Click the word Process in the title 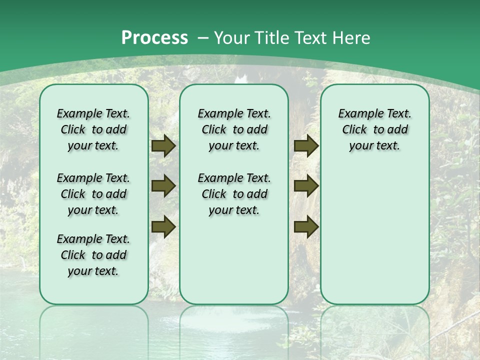154,38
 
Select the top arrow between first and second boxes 163,146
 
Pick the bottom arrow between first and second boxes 163,226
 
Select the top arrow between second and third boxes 306,146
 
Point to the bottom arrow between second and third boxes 306,226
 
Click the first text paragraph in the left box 93,130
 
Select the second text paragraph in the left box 93,194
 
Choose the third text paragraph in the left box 93,255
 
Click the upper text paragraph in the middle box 234,130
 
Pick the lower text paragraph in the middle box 234,194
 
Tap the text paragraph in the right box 374,130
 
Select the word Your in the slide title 233,38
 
